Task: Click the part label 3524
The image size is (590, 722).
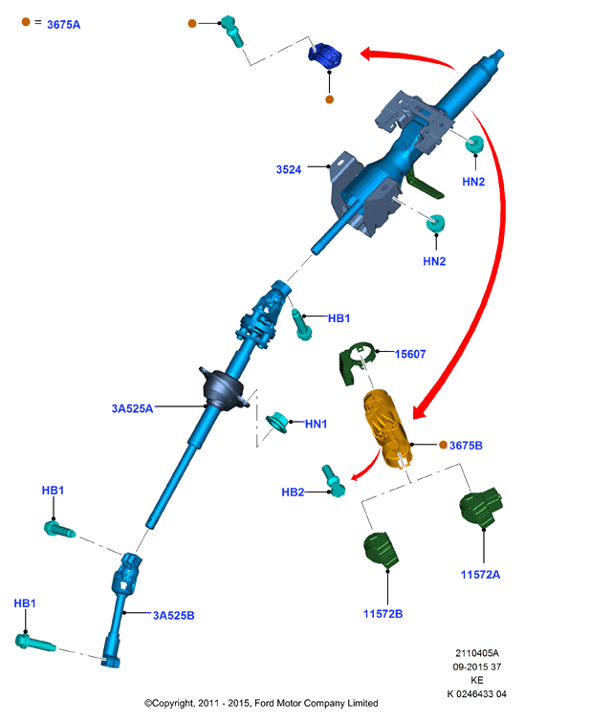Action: coord(289,169)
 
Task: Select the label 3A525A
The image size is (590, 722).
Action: coord(132,408)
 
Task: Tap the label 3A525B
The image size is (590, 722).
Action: coord(174,615)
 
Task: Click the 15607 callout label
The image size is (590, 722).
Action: coord(410,354)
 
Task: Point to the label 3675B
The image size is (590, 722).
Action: coord(466,446)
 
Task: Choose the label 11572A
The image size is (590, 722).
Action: coord(480,575)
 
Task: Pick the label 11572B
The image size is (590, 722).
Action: coord(382,614)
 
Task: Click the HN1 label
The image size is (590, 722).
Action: coord(316,424)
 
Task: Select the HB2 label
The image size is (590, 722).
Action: coord(293,492)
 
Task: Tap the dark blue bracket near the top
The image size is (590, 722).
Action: coord(325,55)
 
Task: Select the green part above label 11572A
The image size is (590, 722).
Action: coord(481,507)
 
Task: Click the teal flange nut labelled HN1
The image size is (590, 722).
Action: coord(277,422)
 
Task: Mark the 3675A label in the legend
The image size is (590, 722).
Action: coord(63,25)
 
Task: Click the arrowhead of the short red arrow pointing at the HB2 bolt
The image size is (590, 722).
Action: coord(355,476)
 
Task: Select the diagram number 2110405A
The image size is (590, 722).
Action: coord(477,653)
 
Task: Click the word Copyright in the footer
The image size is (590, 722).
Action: coord(173,703)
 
